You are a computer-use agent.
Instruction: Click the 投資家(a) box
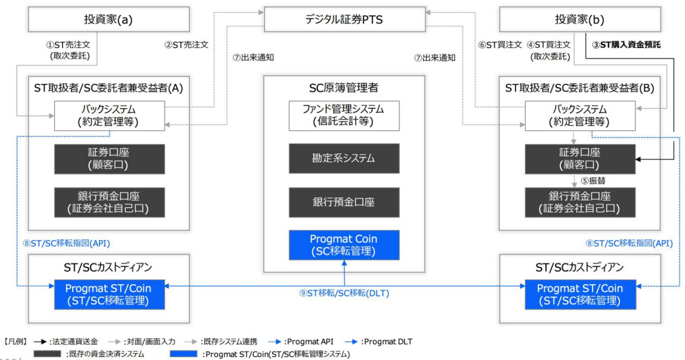point(109,20)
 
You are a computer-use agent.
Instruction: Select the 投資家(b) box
point(579,20)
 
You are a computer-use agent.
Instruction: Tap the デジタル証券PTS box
point(344,20)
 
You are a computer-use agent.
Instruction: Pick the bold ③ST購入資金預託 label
point(626,44)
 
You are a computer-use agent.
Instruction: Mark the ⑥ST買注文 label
point(500,44)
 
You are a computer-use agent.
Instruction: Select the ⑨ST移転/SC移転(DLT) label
point(344,293)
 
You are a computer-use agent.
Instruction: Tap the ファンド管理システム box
point(344,115)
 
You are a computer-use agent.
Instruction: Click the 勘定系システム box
point(344,159)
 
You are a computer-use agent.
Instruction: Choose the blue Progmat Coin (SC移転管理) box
point(344,245)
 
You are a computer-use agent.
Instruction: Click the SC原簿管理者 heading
point(344,88)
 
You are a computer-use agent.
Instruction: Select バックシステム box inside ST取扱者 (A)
point(109,116)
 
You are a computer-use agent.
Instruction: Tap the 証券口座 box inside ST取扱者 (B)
point(580,159)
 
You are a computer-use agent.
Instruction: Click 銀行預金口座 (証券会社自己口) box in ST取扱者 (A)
point(109,202)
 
